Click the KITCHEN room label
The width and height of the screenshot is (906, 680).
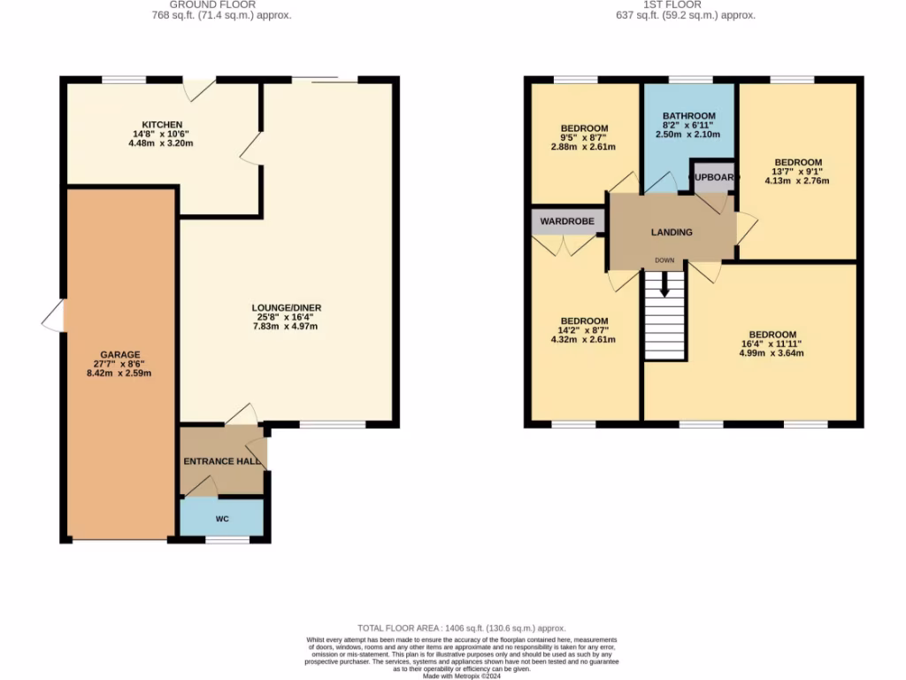tap(162, 125)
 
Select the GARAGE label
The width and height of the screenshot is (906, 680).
tap(119, 355)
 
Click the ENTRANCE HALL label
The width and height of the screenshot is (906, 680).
tap(222, 462)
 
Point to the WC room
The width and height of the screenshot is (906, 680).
tap(222, 518)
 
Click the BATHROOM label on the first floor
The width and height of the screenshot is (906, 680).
tap(689, 116)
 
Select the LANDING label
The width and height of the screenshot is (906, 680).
tap(672, 233)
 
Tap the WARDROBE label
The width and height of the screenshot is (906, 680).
tap(567, 219)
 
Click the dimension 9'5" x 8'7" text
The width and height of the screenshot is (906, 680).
tap(584, 138)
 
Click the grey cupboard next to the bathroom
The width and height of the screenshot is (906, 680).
tap(713, 177)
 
